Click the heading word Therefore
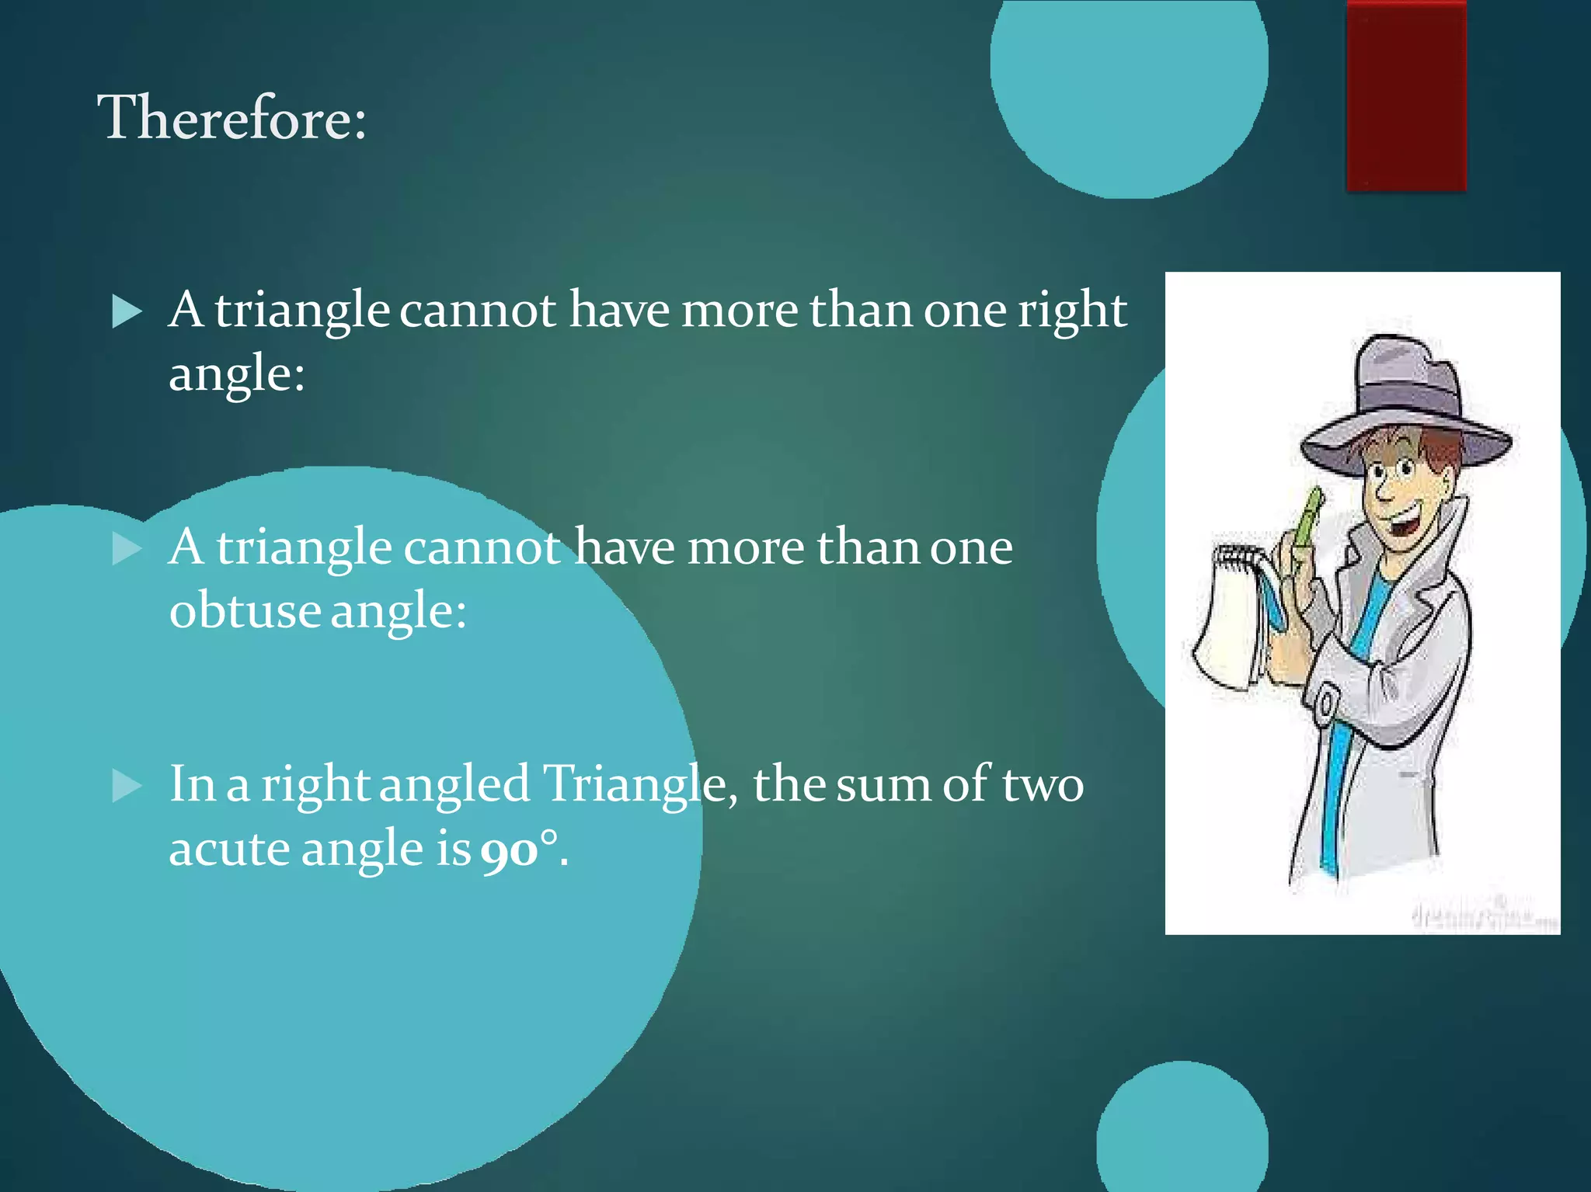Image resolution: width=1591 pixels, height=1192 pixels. point(231,118)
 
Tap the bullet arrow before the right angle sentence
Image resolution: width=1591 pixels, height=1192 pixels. point(127,312)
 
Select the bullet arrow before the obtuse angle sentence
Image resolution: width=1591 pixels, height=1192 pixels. point(127,549)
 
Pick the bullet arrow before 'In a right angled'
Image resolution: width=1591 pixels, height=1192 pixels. point(127,785)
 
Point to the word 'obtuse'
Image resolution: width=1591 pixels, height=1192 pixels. point(245,610)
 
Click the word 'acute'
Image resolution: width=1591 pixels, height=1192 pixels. point(229,849)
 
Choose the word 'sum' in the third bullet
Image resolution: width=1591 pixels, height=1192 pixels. point(883,785)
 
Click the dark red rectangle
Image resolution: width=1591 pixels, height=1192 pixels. point(1406,95)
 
